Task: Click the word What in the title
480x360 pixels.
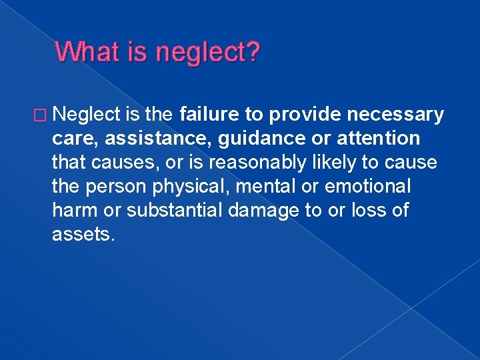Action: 85,52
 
